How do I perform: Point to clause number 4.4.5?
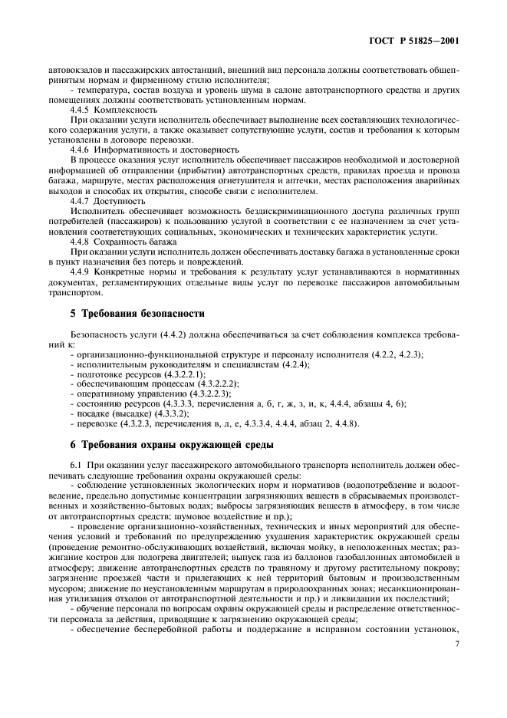tap(82, 110)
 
